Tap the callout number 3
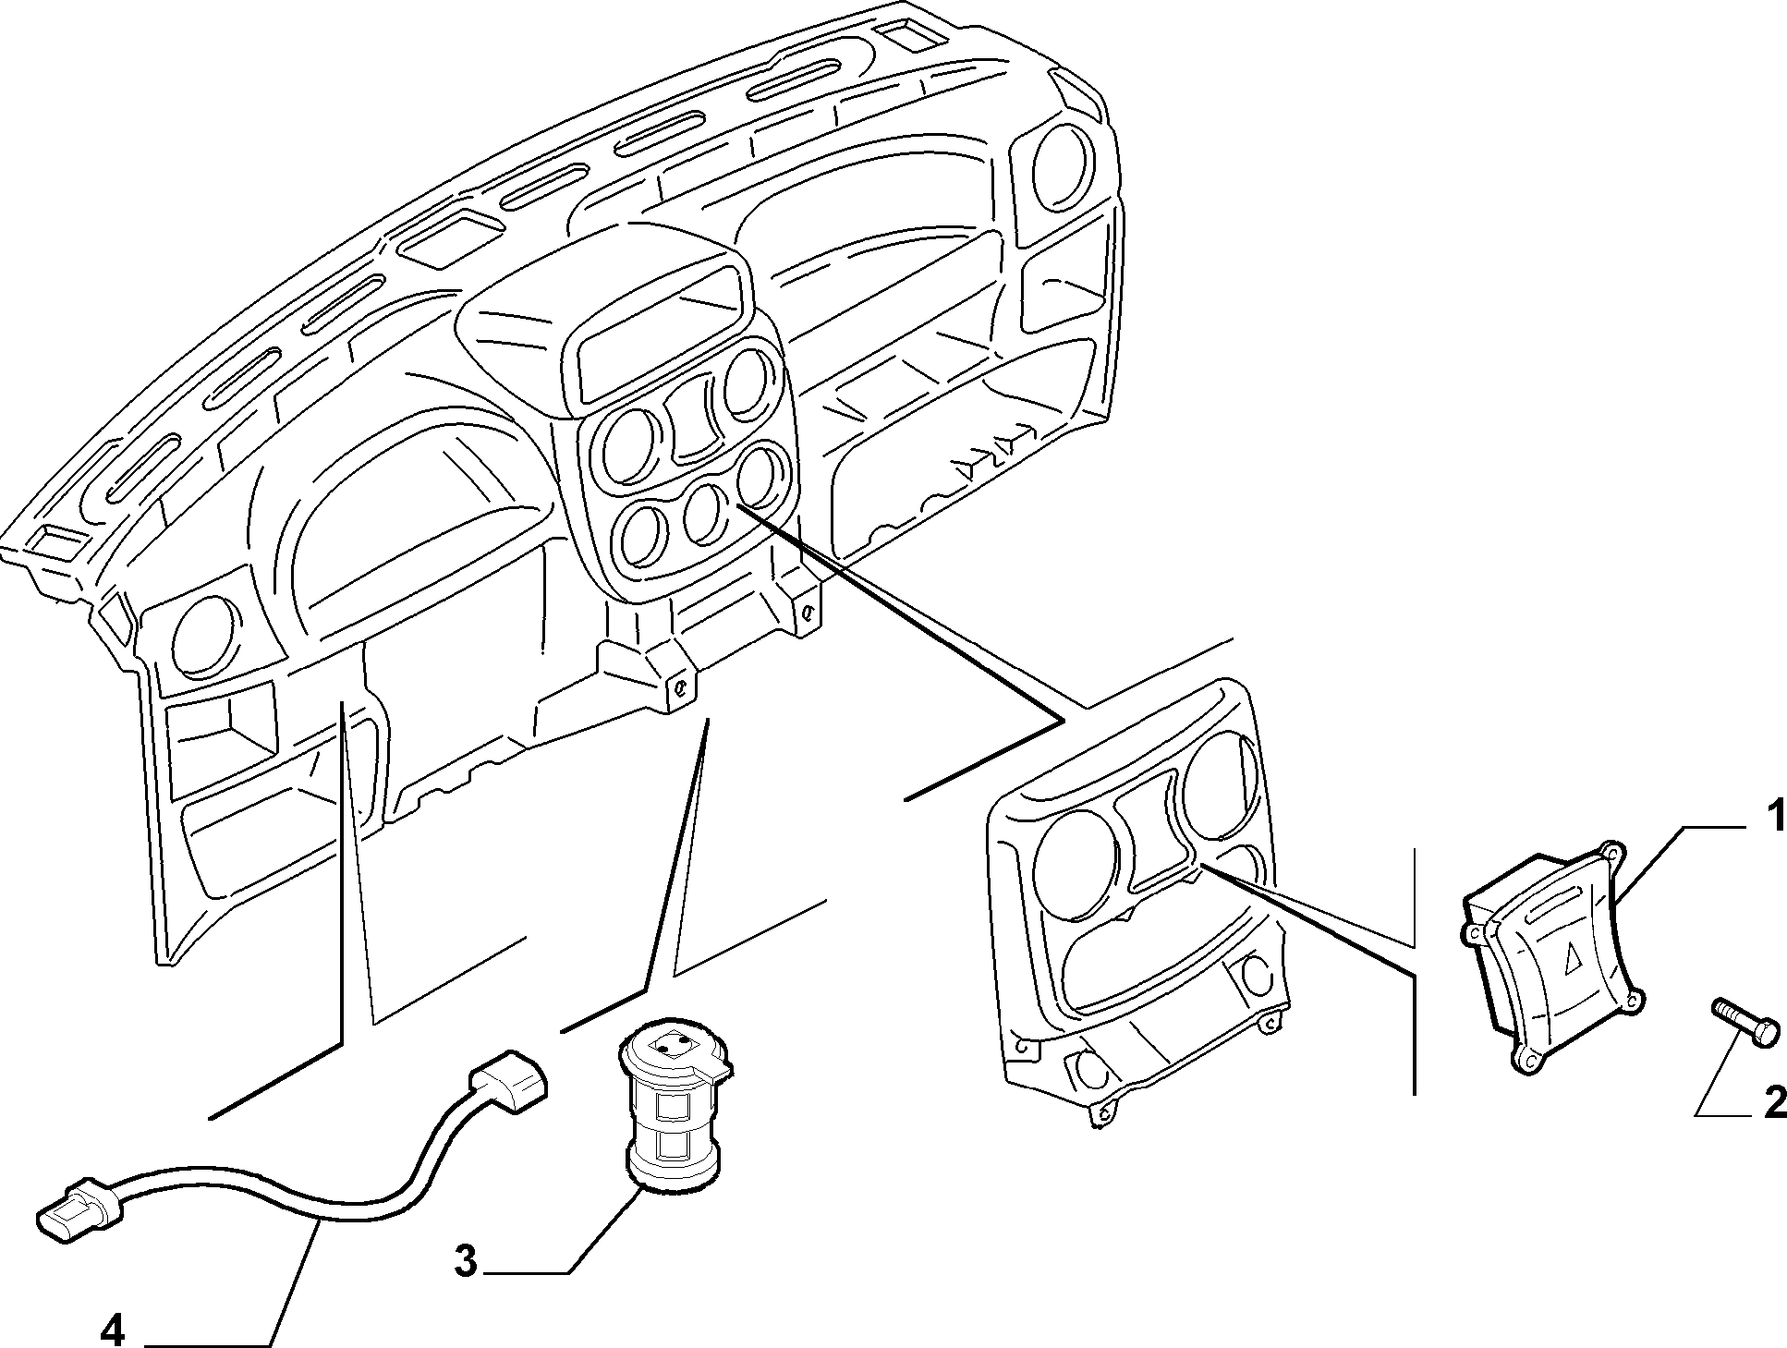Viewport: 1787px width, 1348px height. pos(466,1260)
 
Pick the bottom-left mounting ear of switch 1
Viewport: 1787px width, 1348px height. pos(1528,1060)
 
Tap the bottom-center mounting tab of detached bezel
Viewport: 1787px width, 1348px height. pos(1101,1115)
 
